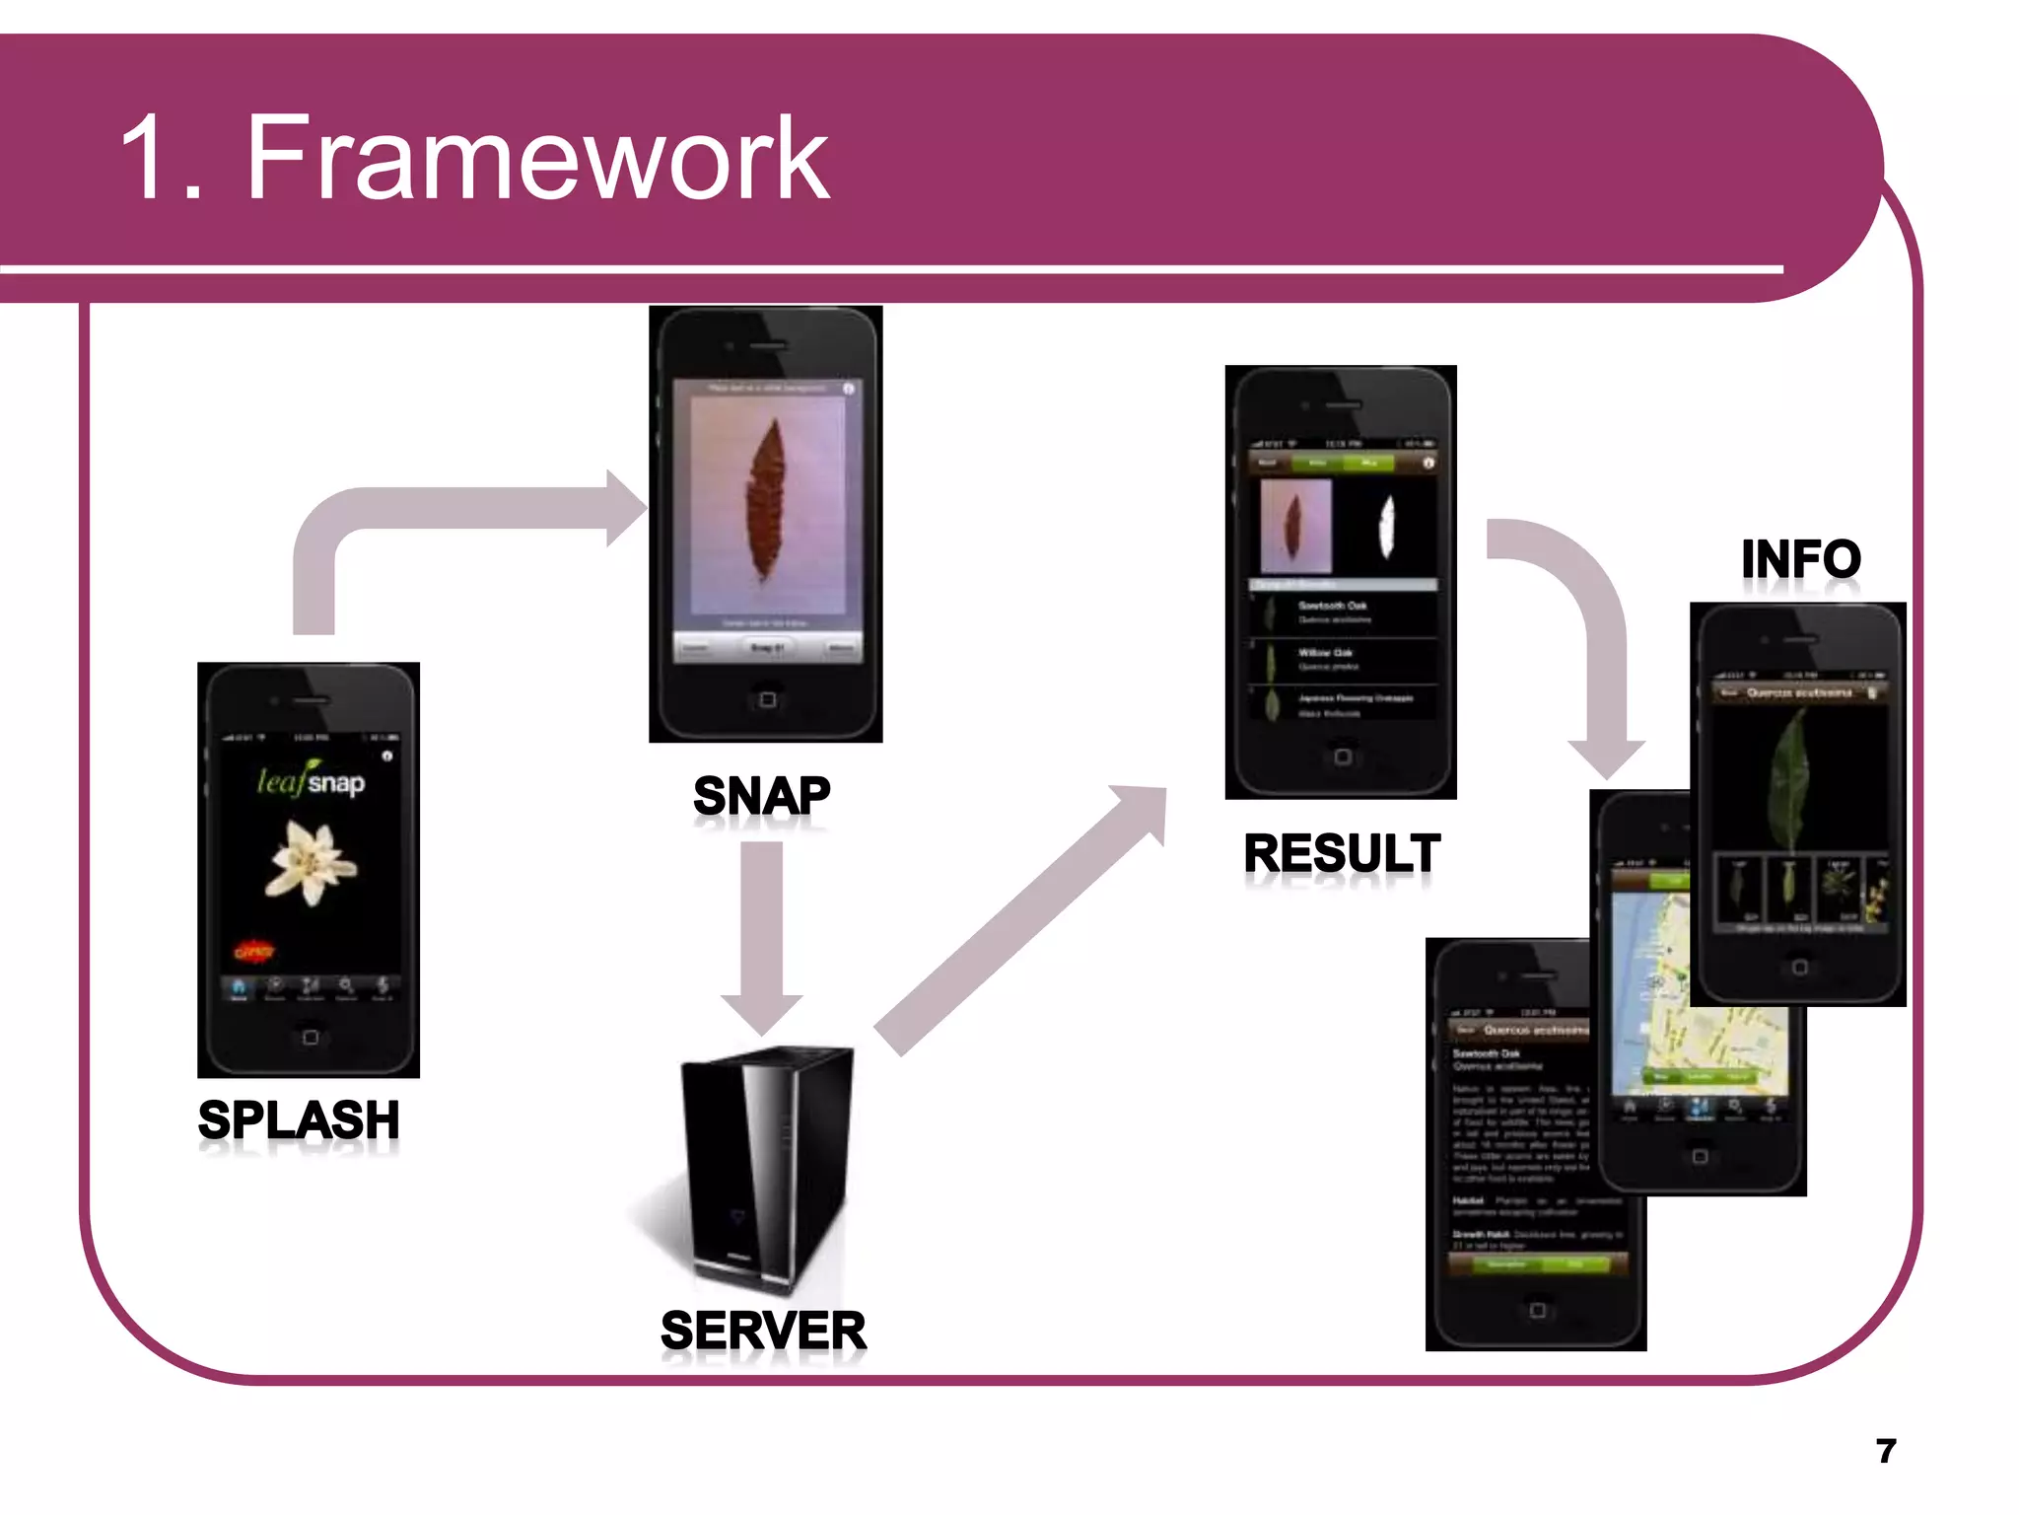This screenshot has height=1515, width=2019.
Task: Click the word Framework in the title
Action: tap(537, 158)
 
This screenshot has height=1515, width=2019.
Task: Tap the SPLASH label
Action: tap(299, 1120)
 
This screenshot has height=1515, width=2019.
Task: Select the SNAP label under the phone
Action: tap(761, 796)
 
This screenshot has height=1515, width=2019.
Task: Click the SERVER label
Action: tap(763, 1331)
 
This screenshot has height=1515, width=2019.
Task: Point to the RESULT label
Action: tap(1342, 853)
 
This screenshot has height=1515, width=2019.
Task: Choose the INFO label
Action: tap(1800, 559)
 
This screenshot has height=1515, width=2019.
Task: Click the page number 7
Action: tap(1885, 1451)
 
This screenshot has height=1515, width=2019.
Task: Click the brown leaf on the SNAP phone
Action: tap(765, 503)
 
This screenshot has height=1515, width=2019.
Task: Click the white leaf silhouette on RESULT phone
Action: tap(1386, 526)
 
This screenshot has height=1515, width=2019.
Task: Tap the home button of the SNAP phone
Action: tap(767, 699)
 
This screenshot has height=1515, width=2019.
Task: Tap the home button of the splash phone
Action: tap(310, 1038)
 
